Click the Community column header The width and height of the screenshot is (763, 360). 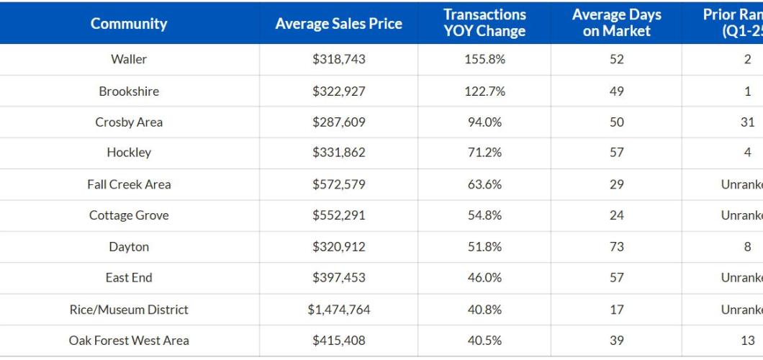pos(129,24)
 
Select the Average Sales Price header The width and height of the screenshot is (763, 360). pos(338,24)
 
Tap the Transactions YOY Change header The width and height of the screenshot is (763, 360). pos(484,23)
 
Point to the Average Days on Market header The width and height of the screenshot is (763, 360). pos(616,23)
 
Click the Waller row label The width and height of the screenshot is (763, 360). pos(129,60)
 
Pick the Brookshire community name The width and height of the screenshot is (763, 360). pos(129,91)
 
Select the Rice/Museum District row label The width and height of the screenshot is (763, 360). pos(129,310)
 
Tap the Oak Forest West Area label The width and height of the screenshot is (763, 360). pos(129,341)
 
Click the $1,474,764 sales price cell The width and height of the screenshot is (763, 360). pos(338,310)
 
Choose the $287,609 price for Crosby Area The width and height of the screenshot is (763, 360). pos(338,122)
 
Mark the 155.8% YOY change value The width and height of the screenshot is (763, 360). pos(484,60)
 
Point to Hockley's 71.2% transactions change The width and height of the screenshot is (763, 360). pos(484,153)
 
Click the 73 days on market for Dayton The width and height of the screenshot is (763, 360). pos(616,247)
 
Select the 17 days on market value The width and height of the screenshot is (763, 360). pos(616,310)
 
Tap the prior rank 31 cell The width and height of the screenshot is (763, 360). pos(747,122)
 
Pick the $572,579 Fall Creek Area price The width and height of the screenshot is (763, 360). pos(338,184)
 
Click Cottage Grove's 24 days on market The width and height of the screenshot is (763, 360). pos(616,215)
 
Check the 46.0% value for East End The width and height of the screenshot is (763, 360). pos(484,278)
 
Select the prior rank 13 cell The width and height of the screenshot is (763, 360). pos(747,341)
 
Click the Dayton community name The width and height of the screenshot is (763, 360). pos(129,247)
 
